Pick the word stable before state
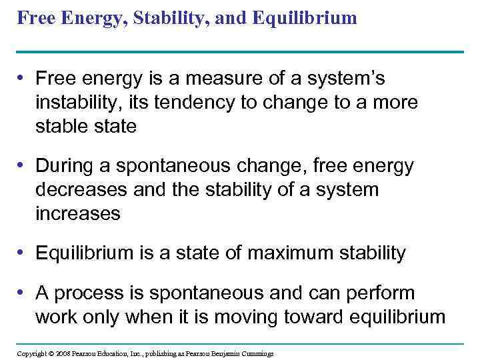(58, 127)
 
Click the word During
(63, 165)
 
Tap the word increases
(77, 213)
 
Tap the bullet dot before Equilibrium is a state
(23, 253)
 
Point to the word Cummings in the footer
(255, 353)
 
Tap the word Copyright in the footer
(31, 353)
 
